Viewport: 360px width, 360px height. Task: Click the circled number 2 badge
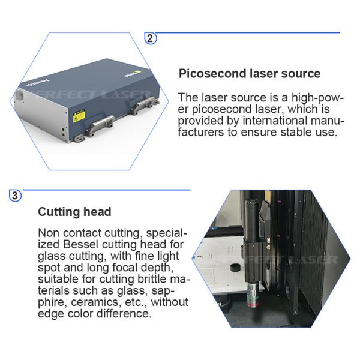150,38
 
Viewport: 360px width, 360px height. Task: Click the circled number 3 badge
15,196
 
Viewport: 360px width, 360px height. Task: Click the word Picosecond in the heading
212,74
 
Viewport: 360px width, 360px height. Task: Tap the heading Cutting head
74,212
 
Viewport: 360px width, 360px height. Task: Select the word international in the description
275,121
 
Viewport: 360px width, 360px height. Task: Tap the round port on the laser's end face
20,95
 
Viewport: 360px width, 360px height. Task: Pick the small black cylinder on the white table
236,268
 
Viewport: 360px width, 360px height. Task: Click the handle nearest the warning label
100,125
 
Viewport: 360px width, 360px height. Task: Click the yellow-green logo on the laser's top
138,73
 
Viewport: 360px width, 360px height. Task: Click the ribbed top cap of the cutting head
252,203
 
